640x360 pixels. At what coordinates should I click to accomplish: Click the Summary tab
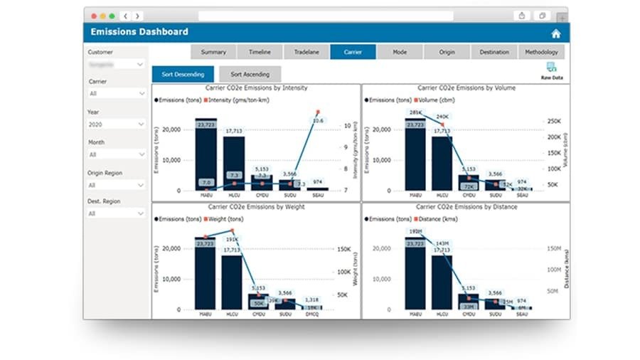tap(213, 52)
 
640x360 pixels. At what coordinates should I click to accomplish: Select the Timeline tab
tap(260, 52)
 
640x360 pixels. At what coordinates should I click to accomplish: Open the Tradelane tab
tap(306, 52)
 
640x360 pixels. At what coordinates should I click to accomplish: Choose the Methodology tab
tap(542, 52)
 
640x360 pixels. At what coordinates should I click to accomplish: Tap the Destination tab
tap(494, 52)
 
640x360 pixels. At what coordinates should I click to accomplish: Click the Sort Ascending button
tap(250, 74)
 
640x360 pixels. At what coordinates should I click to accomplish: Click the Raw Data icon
tap(551, 69)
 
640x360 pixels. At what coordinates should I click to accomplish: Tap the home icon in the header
tap(555, 33)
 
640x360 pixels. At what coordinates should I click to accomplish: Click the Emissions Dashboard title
tap(139, 32)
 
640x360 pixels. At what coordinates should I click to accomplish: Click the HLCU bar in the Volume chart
tap(442, 164)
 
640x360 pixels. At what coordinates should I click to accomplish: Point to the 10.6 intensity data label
tap(318, 120)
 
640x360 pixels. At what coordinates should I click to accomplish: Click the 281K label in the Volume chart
tap(415, 113)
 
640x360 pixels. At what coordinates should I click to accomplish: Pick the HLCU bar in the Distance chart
tap(442, 281)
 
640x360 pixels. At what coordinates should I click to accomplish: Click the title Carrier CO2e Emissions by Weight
tap(256, 207)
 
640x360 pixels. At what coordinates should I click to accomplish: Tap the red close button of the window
tap(92, 15)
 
